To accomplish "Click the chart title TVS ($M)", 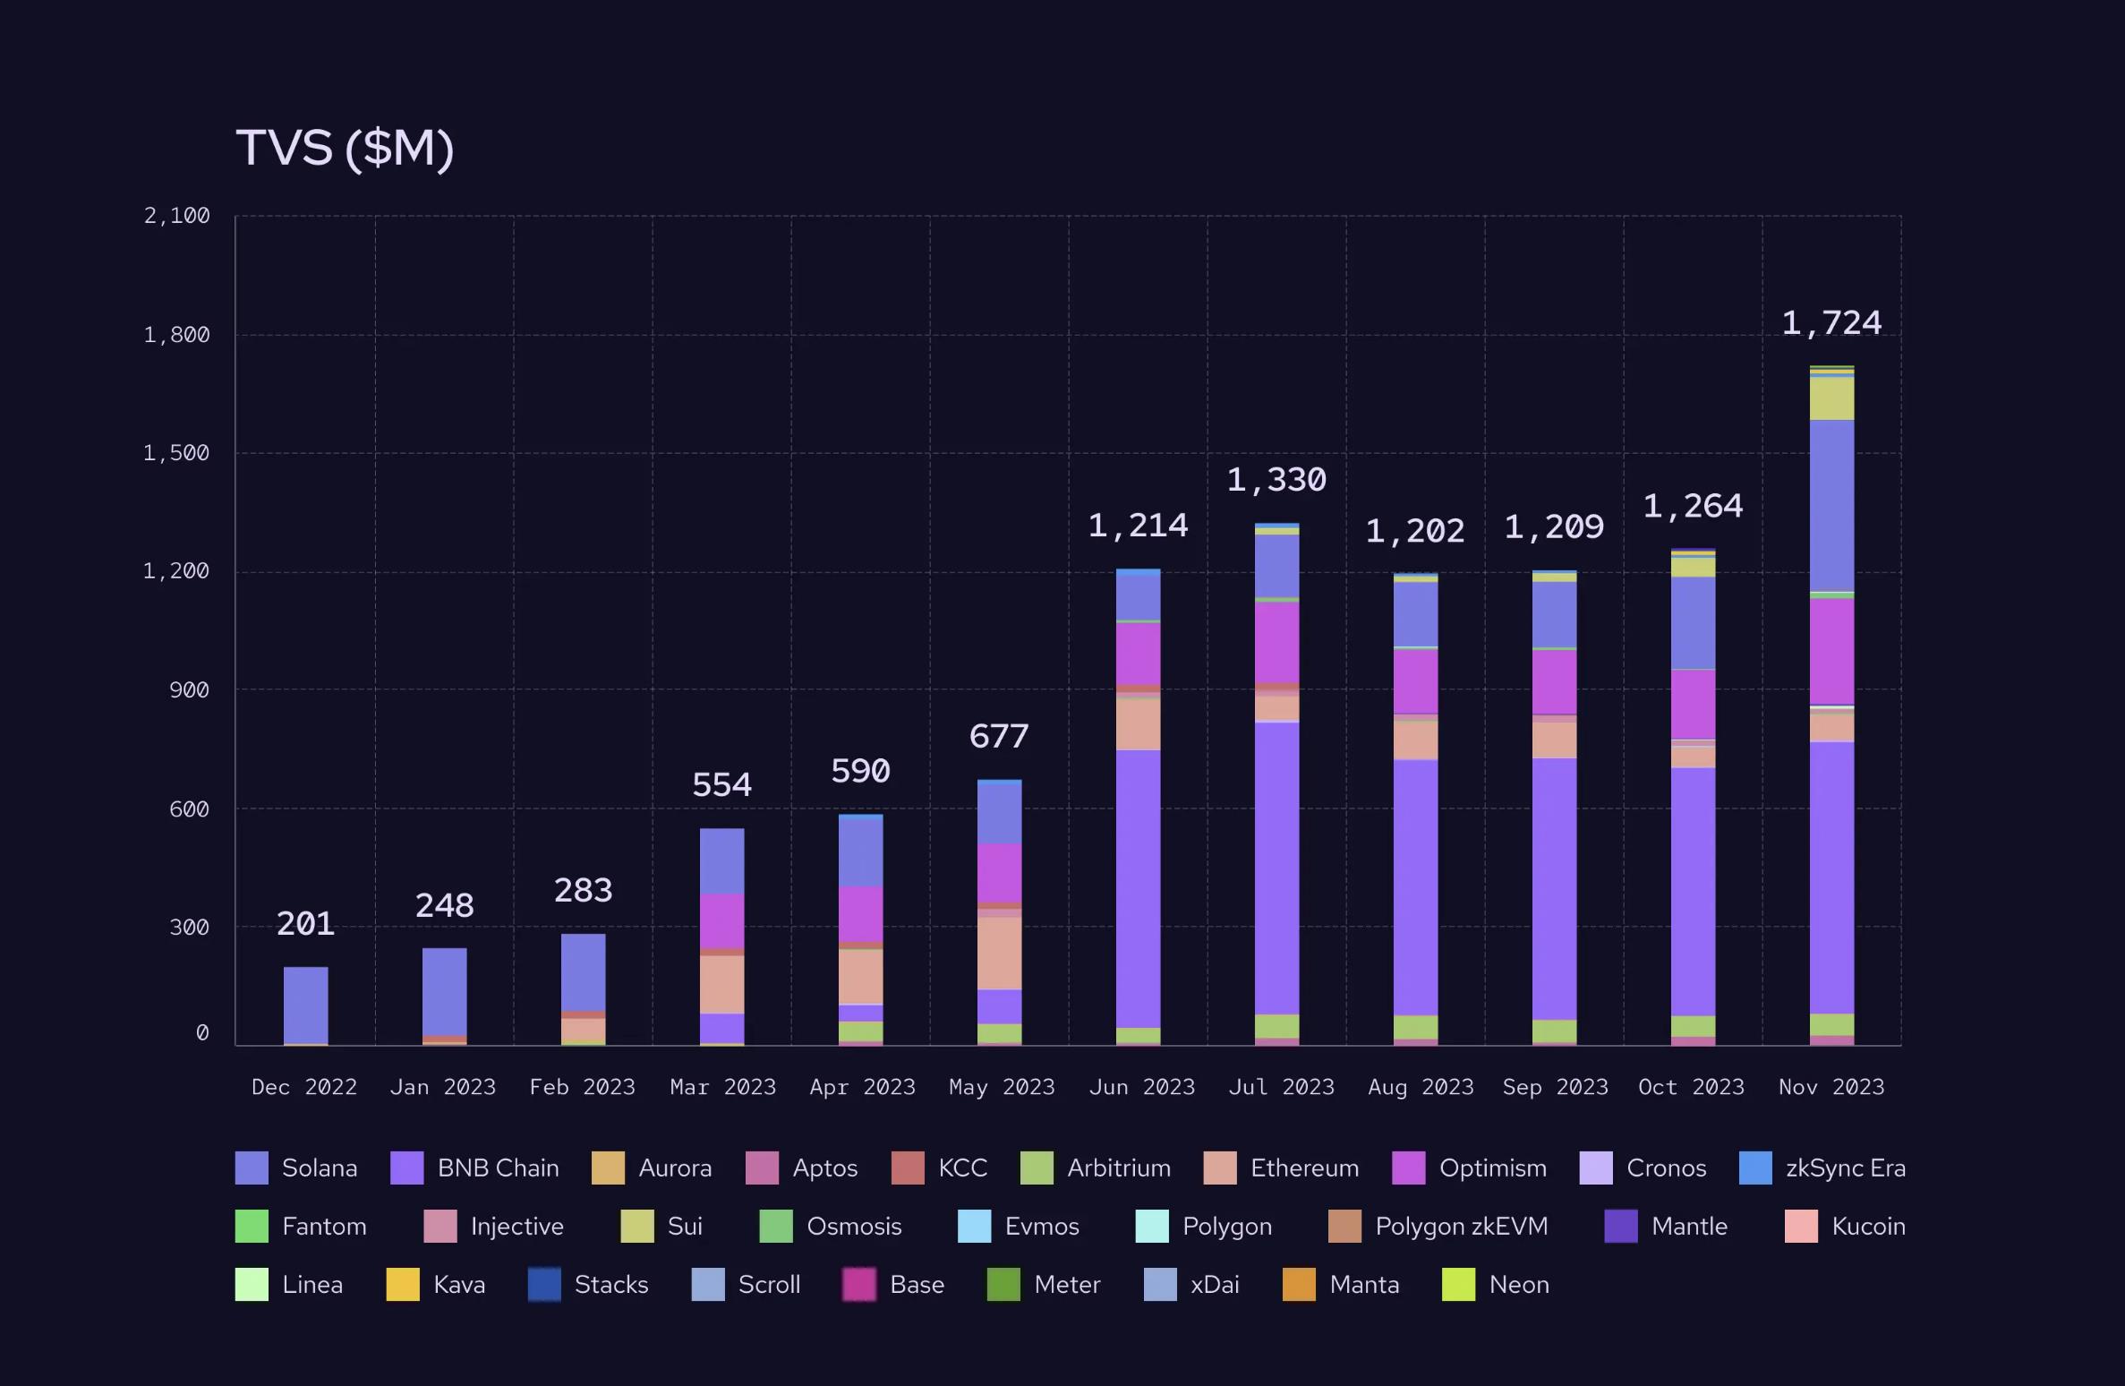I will [x=345, y=148].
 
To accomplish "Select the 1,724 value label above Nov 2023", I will [x=1831, y=323].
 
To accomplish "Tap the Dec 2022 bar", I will [x=305, y=1005].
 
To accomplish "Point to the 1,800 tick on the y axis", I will [x=176, y=335].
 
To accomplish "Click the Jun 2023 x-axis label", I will [x=1141, y=1087].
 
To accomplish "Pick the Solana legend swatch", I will [x=252, y=1168].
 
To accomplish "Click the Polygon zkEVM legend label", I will [x=1461, y=1227].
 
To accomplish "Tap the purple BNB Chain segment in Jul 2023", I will [x=1276, y=867].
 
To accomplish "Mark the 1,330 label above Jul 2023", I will [x=1276, y=481].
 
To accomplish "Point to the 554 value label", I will [x=721, y=785].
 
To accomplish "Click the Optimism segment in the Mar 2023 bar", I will [x=721, y=920].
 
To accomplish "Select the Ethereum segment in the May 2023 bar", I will [x=999, y=952].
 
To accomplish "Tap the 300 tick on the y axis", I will [x=189, y=927].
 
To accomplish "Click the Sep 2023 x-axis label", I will [x=1555, y=1087].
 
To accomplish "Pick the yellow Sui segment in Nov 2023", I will [x=1831, y=398].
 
